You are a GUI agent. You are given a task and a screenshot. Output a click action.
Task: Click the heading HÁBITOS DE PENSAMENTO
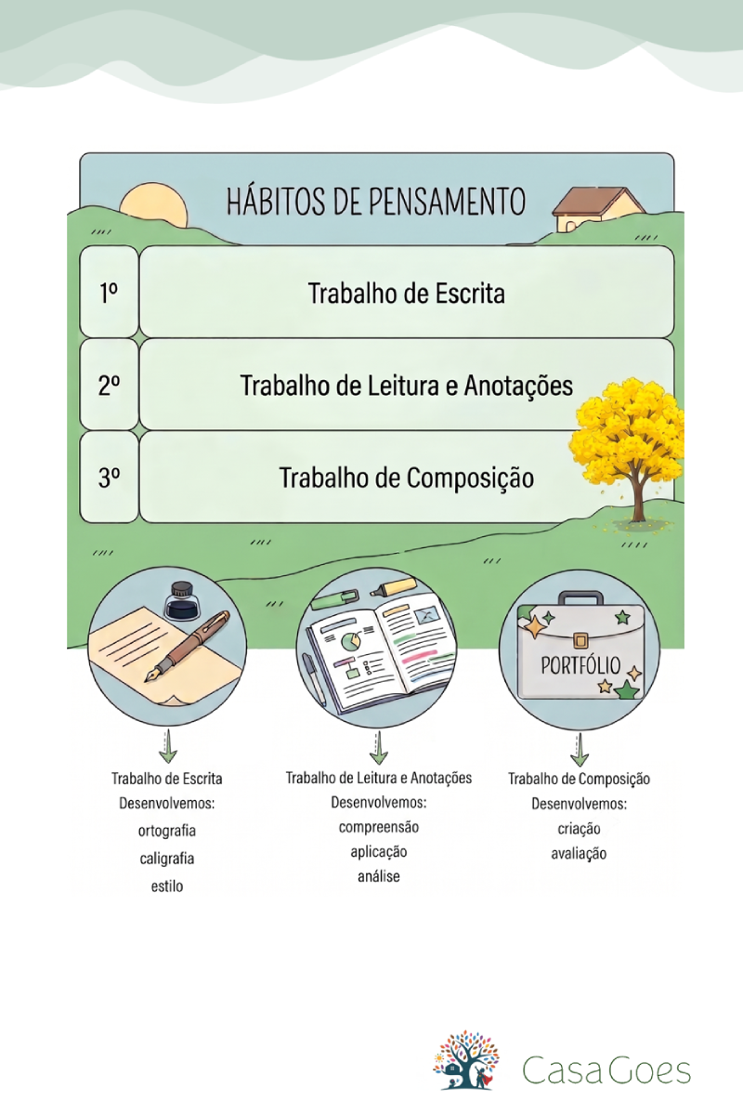coord(376,201)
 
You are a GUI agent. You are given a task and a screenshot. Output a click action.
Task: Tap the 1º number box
coord(109,292)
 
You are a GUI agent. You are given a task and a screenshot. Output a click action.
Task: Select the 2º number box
coord(109,385)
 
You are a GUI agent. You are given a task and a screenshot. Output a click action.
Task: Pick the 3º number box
coord(109,478)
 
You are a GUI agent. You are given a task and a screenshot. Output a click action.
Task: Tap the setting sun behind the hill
coord(154,208)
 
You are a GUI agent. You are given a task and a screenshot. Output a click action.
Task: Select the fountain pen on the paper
coord(187,647)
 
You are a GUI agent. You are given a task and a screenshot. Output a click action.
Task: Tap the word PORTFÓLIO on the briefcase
coord(580,665)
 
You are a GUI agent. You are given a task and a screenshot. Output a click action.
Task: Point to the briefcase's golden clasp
coord(580,640)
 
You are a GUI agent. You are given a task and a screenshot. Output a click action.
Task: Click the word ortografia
coord(167,831)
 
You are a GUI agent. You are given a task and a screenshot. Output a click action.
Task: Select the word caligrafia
coord(167,859)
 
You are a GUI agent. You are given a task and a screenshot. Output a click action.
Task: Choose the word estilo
coord(167,886)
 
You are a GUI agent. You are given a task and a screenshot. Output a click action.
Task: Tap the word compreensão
coord(379,827)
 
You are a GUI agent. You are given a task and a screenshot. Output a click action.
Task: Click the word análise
coord(379,876)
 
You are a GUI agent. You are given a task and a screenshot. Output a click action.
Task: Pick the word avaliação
coord(579,854)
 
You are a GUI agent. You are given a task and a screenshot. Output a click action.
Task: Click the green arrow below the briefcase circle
coord(580,749)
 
